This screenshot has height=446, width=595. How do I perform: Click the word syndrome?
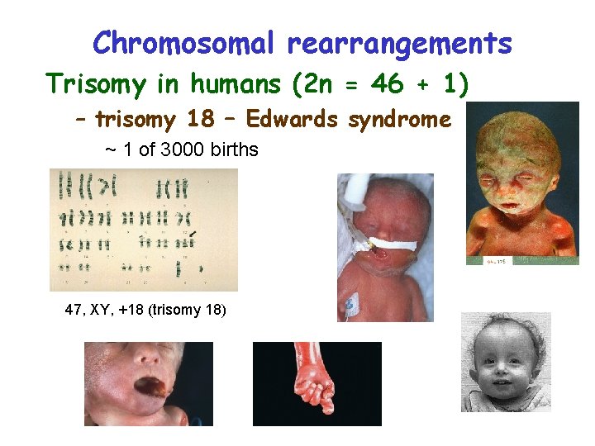pos(399,120)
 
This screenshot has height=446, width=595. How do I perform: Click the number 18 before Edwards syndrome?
pos(201,120)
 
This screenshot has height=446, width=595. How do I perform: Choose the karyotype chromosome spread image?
pos(143,230)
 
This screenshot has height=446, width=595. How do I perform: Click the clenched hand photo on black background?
pos(317,383)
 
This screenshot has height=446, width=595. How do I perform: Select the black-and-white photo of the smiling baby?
pos(505,361)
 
